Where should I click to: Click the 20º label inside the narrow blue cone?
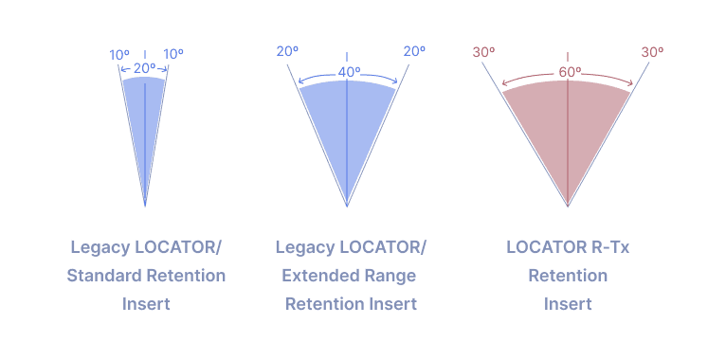point(144,68)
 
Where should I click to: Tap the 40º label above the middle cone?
point(347,72)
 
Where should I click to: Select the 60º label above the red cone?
point(569,72)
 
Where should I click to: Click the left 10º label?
point(119,55)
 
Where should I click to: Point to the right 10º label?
point(173,55)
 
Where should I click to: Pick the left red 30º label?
point(483,52)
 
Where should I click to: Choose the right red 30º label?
point(652,52)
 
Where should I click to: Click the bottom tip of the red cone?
point(568,205)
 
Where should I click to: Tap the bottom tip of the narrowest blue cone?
point(145,204)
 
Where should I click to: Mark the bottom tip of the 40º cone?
point(347,205)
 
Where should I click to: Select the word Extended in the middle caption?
point(319,276)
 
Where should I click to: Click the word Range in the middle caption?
point(391,276)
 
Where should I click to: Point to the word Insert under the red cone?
point(568,304)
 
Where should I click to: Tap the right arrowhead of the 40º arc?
point(396,82)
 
